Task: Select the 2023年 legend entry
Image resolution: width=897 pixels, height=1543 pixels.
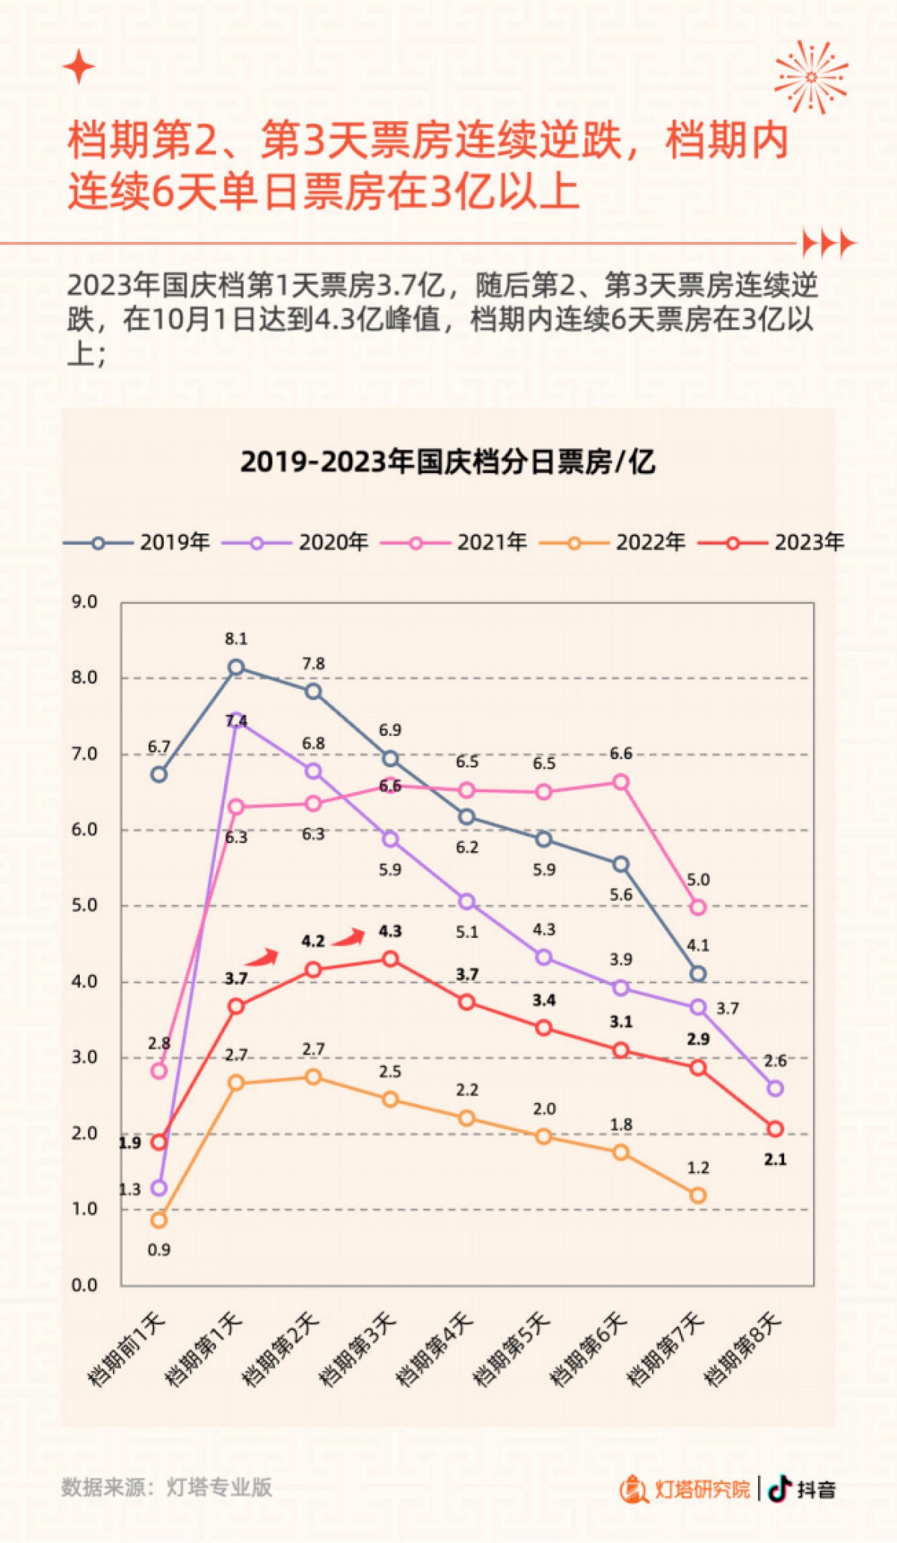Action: (771, 542)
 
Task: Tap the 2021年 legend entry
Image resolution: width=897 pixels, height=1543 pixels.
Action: (454, 542)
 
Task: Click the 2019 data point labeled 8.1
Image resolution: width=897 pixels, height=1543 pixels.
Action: (236, 667)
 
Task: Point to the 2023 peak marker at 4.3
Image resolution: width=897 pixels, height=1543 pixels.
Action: (390, 959)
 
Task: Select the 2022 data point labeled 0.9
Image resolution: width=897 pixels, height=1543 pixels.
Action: (158, 1220)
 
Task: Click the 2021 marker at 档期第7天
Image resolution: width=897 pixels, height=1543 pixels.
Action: (698, 907)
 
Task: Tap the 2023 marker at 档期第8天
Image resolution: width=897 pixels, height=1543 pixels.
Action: (775, 1129)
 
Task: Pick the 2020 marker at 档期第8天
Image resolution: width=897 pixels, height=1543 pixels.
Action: (775, 1089)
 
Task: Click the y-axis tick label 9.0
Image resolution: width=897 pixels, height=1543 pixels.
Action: (84, 602)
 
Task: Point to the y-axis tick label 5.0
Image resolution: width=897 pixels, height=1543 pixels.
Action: (84, 906)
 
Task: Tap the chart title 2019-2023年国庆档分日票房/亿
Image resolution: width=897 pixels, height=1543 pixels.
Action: (448, 462)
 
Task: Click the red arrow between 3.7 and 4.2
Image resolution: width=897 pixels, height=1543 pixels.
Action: (262, 957)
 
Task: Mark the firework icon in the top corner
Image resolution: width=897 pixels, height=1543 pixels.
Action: (811, 77)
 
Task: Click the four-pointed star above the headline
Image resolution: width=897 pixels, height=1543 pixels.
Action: (78, 68)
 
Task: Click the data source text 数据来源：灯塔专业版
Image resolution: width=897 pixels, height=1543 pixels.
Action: (166, 1487)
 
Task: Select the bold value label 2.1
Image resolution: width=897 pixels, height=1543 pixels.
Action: (775, 1159)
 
